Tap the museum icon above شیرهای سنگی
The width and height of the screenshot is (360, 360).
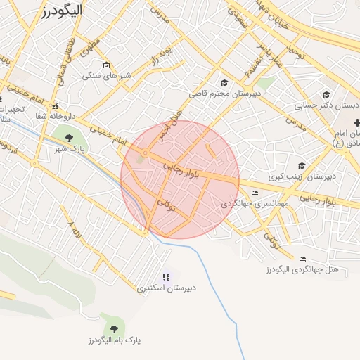click(106, 66)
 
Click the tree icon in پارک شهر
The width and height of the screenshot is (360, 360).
click(69, 138)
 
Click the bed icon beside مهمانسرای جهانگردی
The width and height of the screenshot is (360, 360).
click(255, 193)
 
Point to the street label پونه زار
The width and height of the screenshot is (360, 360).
click(162, 55)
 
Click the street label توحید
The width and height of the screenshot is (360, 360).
click(293, 50)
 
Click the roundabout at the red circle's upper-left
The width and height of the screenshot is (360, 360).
click(145, 153)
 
